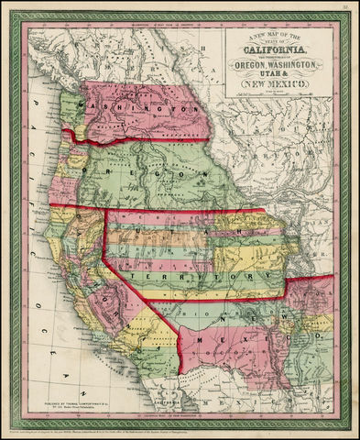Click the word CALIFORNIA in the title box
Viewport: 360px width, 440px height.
point(281,52)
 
